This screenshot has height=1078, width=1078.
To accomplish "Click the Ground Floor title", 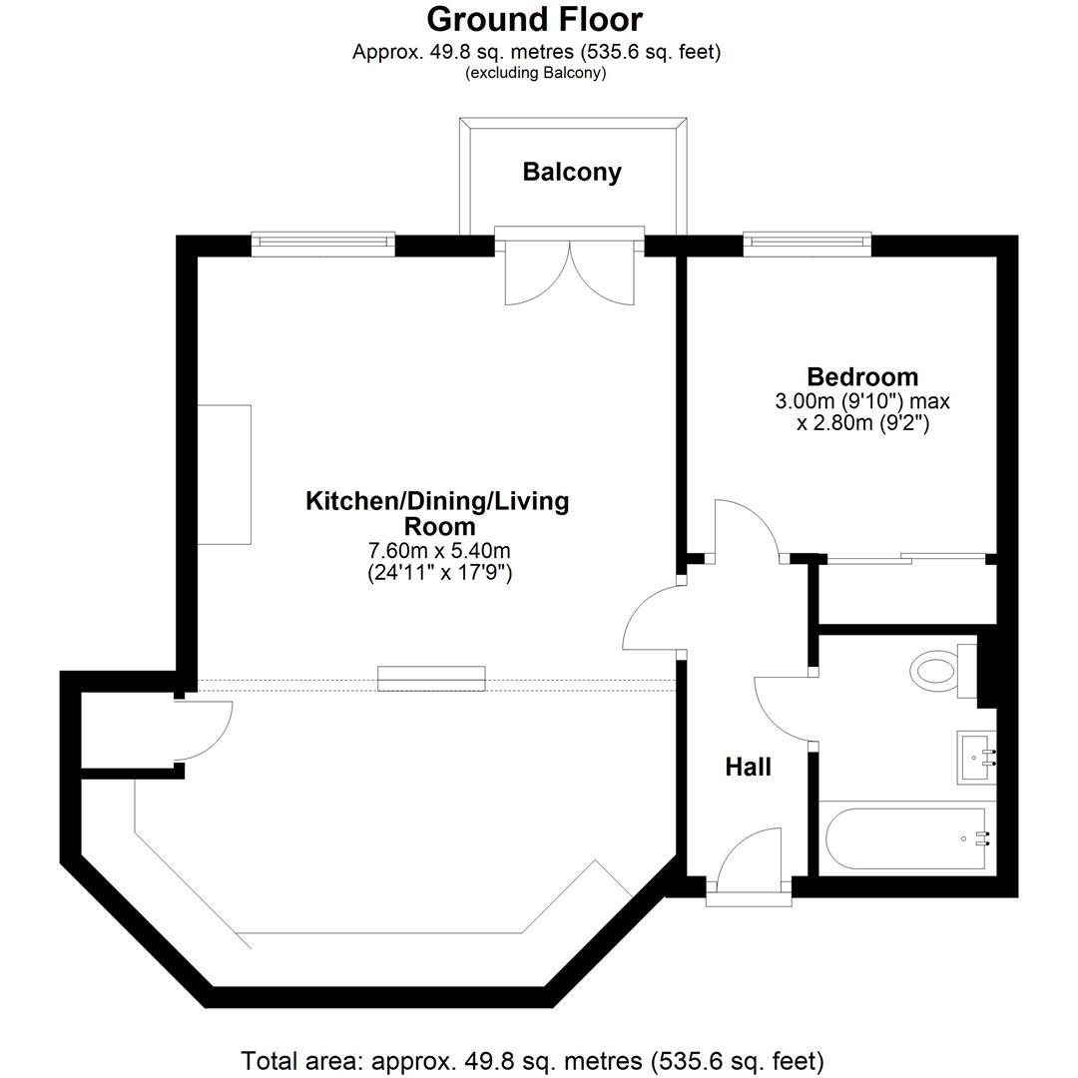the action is click(534, 19).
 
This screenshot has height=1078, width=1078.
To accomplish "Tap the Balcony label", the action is click(572, 172).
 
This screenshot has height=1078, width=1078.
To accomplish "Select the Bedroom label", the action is click(862, 376).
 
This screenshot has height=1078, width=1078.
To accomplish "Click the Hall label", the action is click(748, 767).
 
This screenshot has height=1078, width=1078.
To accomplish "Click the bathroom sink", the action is click(976, 757).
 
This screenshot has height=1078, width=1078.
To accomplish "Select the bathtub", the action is click(906, 838).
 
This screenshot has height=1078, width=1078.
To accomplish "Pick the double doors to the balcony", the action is click(569, 269).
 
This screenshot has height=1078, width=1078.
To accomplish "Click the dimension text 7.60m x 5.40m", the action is click(439, 550).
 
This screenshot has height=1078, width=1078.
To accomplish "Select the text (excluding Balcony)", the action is click(536, 73).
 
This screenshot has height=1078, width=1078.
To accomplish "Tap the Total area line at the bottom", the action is click(532, 1061).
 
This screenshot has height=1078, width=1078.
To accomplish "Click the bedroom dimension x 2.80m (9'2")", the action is click(862, 423).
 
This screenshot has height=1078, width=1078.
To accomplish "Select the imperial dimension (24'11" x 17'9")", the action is click(440, 572).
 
